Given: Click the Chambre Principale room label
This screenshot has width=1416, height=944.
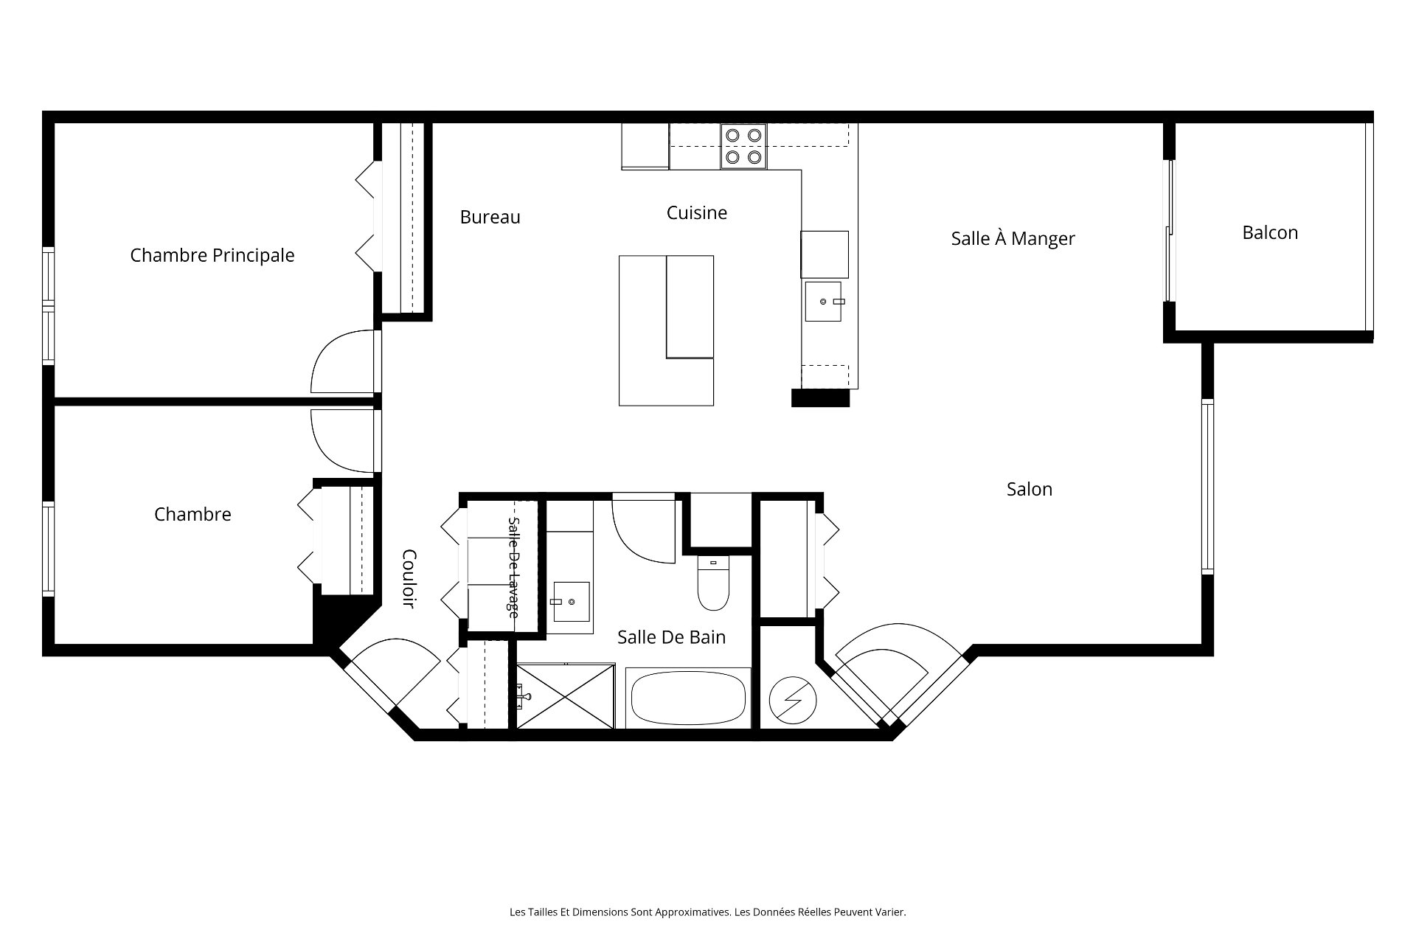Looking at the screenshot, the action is [212, 255].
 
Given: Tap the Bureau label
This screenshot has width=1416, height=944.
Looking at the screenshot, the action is [490, 217].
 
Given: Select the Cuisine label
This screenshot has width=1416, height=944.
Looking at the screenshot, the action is [697, 212].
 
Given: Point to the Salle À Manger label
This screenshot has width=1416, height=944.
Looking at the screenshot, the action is [1013, 237].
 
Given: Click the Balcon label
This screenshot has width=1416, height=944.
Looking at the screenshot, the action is [1270, 232].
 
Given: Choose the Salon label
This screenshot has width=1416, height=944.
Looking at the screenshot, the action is [1030, 489].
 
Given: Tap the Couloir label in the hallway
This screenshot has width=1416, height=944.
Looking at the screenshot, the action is [409, 579].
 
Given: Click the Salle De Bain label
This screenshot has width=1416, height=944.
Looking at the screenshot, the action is [671, 636].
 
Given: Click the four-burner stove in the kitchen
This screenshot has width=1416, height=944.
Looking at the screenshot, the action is [743, 146].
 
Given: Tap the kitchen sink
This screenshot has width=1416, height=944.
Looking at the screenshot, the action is [823, 301].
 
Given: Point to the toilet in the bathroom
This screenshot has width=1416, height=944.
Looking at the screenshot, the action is [713, 583].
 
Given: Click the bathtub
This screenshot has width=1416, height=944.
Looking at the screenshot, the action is [687, 697].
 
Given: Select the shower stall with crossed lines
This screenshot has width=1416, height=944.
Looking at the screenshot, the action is [565, 695].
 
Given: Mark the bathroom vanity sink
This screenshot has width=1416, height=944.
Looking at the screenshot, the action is [572, 602].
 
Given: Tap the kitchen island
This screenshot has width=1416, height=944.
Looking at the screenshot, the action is [666, 330].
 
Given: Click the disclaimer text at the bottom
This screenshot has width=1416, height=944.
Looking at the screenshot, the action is [708, 912].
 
